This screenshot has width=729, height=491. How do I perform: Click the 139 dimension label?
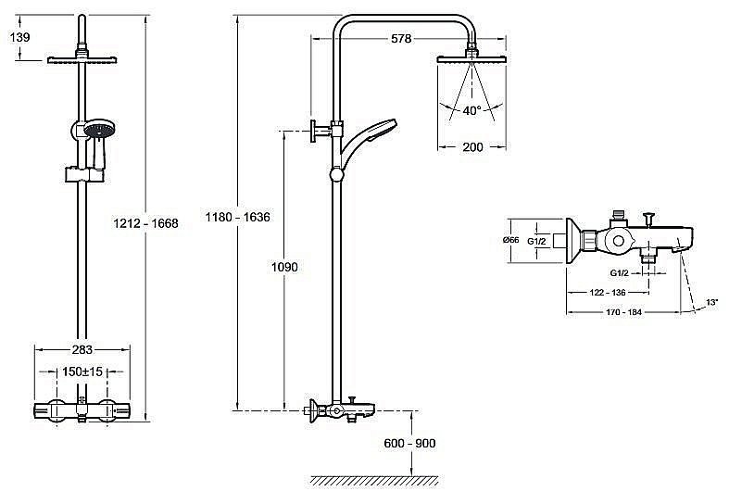[x=19, y=37]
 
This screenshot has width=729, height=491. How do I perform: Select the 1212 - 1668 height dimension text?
[x=145, y=223]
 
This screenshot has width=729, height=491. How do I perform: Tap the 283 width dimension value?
[x=82, y=349]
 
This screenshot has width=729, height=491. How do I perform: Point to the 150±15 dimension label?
[x=82, y=371]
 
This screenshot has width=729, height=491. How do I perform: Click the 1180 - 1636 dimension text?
[x=237, y=217]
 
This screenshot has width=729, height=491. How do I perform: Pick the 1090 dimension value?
[x=284, y=267]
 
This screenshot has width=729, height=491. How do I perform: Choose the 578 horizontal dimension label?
[x=401, y=39]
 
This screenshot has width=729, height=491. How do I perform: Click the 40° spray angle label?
[x=471, y=110]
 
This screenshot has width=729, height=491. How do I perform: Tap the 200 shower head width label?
[x=472, y=147]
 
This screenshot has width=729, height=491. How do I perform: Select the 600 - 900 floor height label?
[x=409, y=443]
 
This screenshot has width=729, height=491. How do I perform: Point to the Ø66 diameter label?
[x=511, y=240]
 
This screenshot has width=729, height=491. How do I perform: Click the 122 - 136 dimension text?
[x=607, y=293]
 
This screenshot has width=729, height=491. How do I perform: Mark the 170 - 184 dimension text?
[x=623, y=312]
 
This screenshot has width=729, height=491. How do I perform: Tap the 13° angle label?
[x=711, y=303]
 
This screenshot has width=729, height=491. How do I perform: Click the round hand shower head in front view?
[x=99, y=129]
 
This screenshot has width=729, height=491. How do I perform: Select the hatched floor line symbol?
[x=375, y=481]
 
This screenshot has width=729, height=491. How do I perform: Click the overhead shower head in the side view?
[x=471, y=59]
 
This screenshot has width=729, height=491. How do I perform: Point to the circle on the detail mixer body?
[x=618, y=241]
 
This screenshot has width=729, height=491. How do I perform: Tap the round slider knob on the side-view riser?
[x=336, y=175]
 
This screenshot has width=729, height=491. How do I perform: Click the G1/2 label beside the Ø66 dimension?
[x=536, y=241]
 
